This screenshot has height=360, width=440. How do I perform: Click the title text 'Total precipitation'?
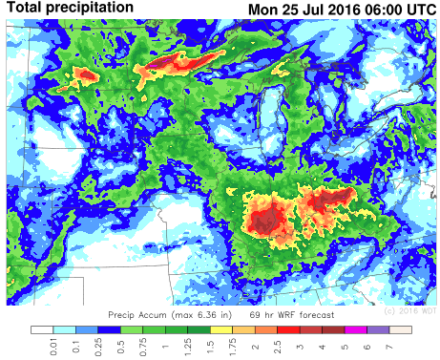71,9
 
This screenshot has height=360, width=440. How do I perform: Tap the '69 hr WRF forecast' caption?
293,314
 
